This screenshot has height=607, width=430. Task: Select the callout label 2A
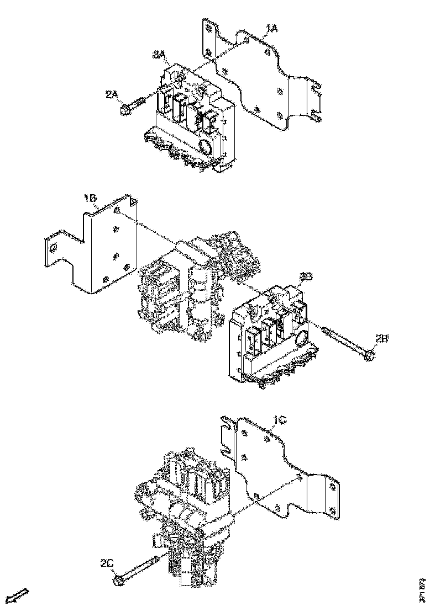coord(113,95)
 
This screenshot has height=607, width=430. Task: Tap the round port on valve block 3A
coord(203,147)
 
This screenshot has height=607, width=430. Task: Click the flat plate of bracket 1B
coord(108,248)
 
